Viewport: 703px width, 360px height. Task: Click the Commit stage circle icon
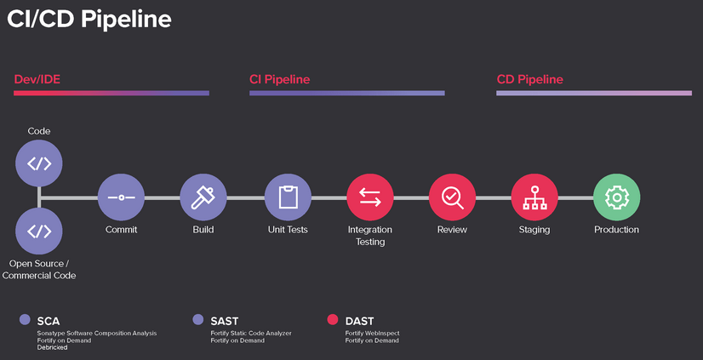121,197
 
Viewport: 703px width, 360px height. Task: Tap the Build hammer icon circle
203,197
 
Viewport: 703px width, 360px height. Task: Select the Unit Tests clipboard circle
288,197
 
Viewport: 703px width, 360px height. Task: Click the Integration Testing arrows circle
370,197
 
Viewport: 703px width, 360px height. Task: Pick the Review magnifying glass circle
452,197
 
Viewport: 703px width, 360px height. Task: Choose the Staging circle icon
534,197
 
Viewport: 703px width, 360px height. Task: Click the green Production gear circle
616,197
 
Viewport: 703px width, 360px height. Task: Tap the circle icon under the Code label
39,163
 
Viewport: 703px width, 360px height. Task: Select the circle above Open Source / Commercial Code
39,231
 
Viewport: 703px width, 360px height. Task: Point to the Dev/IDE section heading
37,79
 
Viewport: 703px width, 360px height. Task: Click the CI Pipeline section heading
279,79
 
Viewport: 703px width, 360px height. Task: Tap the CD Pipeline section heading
529,79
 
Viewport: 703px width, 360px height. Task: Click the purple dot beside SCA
25,320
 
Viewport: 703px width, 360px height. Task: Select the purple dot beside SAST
197,320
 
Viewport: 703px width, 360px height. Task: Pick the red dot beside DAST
333,320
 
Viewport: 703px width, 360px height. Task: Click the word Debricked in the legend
54,347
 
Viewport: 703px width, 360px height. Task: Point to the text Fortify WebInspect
372,333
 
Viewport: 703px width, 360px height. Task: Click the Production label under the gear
616,230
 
